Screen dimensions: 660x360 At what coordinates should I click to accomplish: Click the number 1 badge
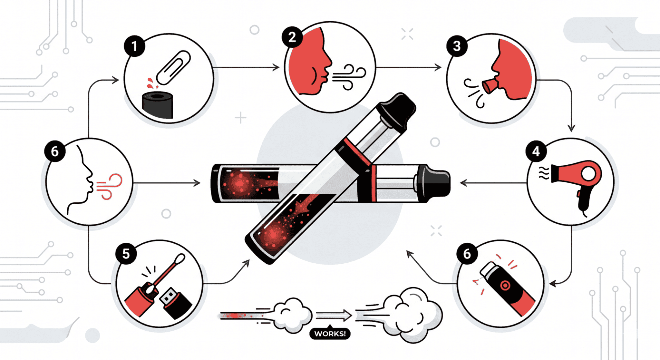pyautogui.click(x=134, y=46)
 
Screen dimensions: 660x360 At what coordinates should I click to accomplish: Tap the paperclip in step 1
pyautogui.click(x=173, y=67)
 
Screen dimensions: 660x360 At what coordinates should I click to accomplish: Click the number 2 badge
pyautogui.click(x=292, y=37)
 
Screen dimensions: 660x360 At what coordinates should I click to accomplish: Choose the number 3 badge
pyautogui.click(x=457, y=46)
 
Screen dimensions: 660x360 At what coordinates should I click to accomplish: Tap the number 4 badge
pyautogui.click(x=536, y=151)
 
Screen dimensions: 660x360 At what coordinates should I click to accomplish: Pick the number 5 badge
pyautogui.click(x=126, y=254)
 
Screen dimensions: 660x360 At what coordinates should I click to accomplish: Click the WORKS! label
pyautogui.click(x=330, y=334)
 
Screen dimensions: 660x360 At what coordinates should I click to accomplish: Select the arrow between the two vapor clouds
pyautogui.click(x=334, y=315)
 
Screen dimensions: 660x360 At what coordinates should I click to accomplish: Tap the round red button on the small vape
pyautogui.click(x=505, y=286)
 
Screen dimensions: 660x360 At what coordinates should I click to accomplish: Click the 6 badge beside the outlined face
pyautogui.click(x=55, y=151)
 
